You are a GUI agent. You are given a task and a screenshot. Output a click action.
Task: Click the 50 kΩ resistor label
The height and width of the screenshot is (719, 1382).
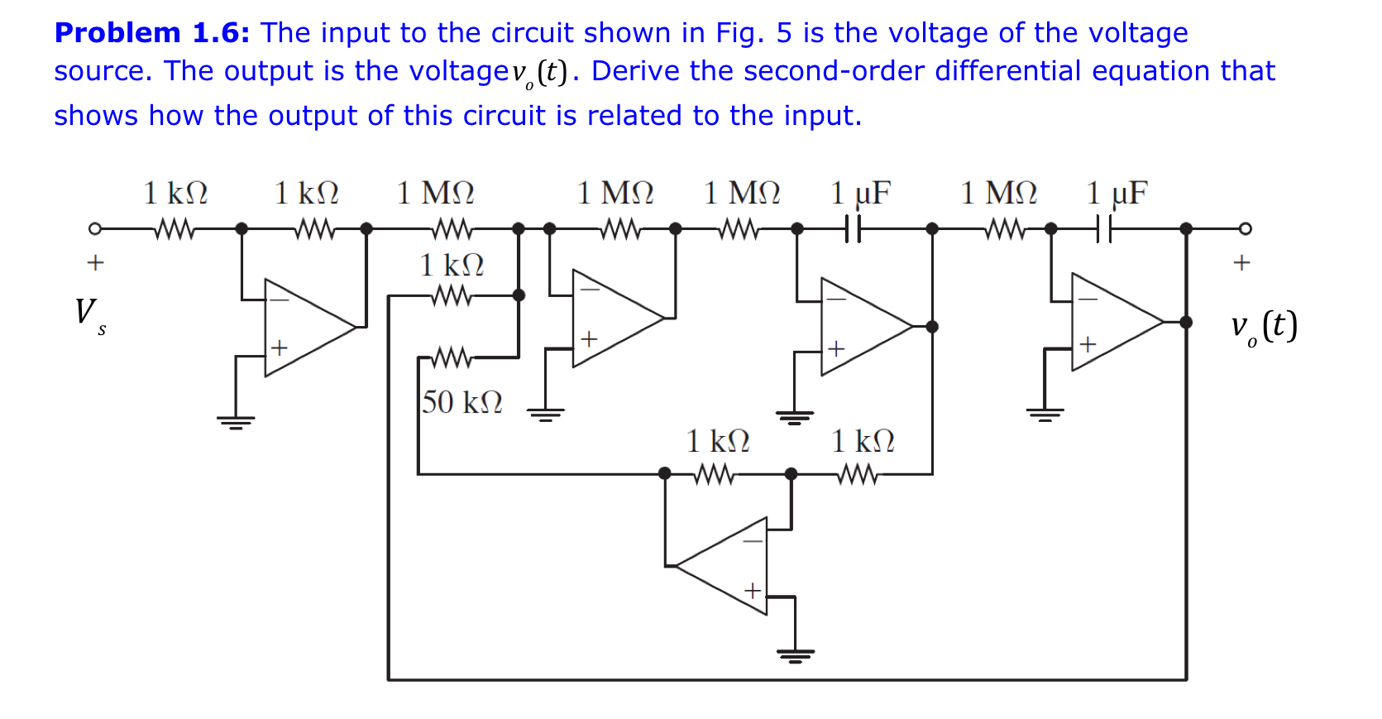[x=461, y=402]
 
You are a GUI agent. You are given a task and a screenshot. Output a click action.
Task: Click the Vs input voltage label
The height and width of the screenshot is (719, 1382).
[x=88, y=314]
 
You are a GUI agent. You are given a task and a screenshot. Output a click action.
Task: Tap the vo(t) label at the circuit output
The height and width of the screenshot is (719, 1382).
[x=1263, y=326]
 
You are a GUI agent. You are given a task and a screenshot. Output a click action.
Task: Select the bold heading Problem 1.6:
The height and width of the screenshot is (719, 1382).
[x=151, y=33]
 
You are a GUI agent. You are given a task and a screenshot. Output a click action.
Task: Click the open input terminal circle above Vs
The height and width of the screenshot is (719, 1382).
[x=95, y=228]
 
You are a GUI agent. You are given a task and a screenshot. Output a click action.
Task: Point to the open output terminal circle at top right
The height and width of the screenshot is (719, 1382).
[x=1245, y=228]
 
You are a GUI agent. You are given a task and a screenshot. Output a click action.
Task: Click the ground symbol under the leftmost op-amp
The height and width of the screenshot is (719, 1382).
[x=236, y=421]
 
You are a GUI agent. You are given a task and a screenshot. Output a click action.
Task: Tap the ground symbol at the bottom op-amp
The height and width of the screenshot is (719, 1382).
[x=795, y=655]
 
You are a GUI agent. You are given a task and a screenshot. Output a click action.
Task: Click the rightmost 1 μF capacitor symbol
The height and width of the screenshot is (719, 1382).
[x=1103, y=228]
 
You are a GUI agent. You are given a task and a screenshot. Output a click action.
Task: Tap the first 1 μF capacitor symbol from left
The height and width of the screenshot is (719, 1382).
[x=853, y=228]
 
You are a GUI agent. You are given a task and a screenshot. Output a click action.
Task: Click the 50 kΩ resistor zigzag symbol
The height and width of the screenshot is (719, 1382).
[x=452, y=357]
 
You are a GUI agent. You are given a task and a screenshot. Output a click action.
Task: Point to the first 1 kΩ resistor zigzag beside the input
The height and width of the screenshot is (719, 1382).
[x=174, y=228]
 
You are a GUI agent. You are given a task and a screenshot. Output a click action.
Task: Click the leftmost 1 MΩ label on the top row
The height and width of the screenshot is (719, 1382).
[x=435, y=194]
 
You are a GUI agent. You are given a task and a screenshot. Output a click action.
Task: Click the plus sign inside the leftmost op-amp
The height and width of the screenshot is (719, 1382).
[x=280, y=348]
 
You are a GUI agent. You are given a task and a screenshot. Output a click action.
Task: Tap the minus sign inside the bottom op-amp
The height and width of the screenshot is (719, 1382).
[x=752, y=541]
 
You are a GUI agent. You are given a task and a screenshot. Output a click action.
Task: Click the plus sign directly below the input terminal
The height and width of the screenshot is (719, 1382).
[x=95, y=263]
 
